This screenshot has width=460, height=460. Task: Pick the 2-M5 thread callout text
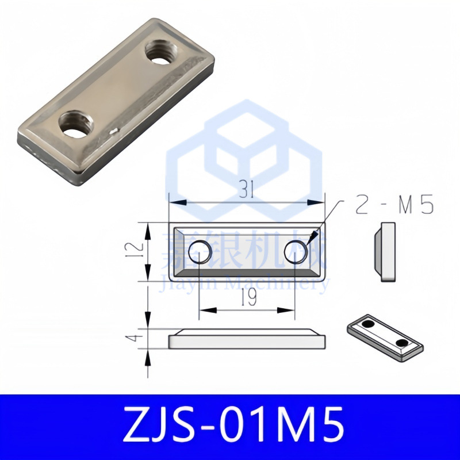(x=393, y=206)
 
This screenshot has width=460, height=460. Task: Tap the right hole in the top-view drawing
(x=296, y=251)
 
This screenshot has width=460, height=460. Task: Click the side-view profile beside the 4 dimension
(x=247, y=339)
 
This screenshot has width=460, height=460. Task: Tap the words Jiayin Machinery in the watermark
(x=244, y=283)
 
